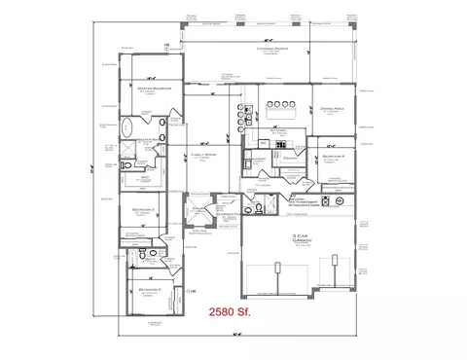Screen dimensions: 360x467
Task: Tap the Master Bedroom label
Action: click(156, 88)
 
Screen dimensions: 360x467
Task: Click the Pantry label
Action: click(290, 157)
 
